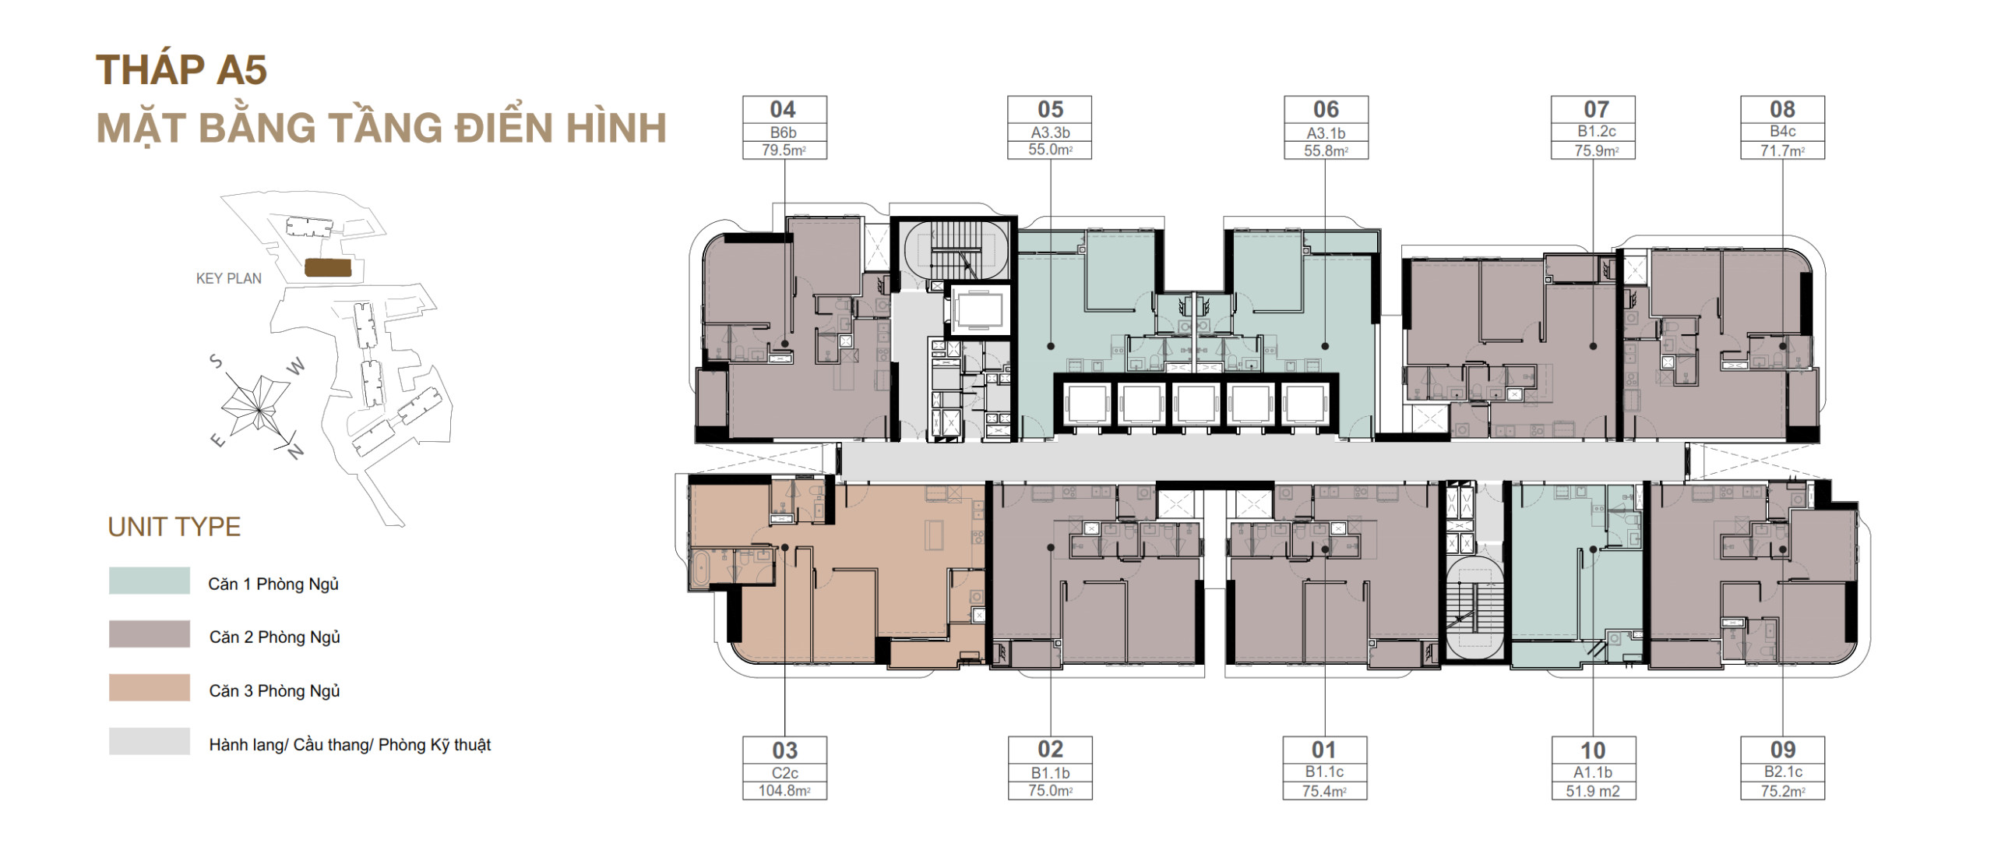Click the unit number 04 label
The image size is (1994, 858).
[x=783, y=109]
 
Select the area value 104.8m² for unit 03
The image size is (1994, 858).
[x=784, y=791]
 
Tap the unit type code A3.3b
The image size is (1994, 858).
[x=1050, y=132]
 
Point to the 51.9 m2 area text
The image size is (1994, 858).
[x=1593, y=791]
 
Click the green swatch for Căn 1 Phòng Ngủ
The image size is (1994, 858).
[x=150, y=581]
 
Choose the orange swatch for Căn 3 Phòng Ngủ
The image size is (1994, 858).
[x=150, y=688]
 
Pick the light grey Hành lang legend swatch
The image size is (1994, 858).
[x=150, y=742]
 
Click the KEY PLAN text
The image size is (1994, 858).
[x=229, y=278]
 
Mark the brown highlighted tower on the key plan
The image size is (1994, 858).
[x=328, y=268]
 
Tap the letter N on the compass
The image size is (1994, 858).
[x=295, y=451]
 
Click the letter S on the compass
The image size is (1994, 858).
[x=217, y=362]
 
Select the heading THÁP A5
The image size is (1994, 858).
[x=181, y=70]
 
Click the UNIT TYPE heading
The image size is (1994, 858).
[x=174, y=527]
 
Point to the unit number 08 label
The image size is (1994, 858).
[x=1782, y=109]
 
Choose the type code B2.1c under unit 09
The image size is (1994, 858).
[x=1782, y=771]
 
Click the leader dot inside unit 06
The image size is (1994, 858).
[x=1325, y=346]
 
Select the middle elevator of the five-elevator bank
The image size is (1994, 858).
[x=1196, y=404]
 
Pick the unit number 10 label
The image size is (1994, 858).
[x=1593, y=750]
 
